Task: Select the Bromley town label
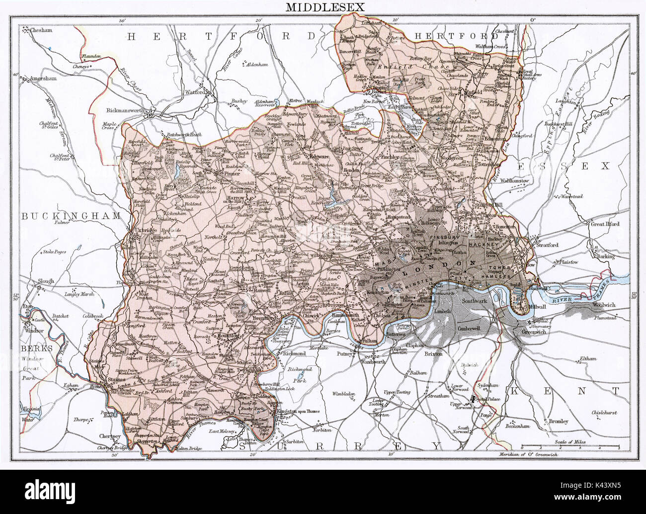[559, 422]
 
